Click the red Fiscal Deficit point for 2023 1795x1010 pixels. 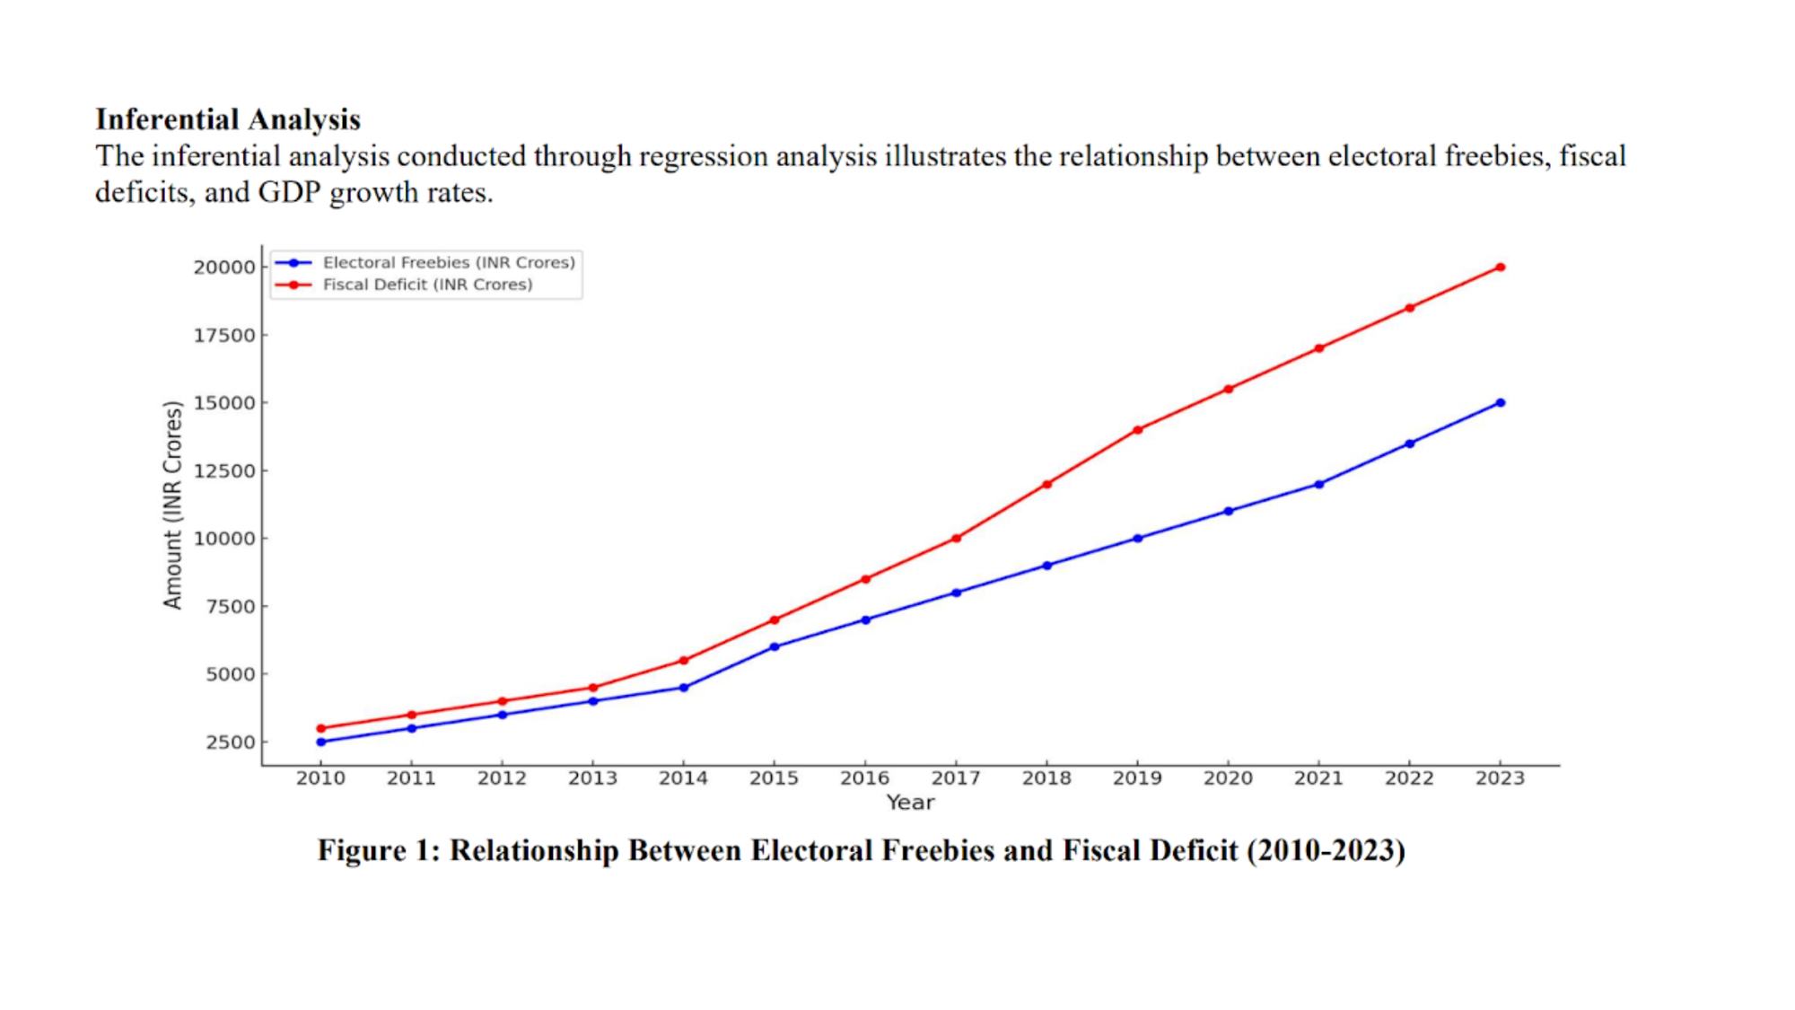[x=1500, y=268]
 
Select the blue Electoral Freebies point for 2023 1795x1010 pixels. [x=1500, y=403]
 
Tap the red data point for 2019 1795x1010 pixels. [x=1137, y=430]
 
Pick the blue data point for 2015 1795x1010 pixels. [x=774, y=647]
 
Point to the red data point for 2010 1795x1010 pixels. [x=320, y=729]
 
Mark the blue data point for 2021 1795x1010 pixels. [x=1318, y=485]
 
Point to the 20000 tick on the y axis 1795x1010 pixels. [x=224, y=268]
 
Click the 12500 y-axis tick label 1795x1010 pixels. [x=224, y=471]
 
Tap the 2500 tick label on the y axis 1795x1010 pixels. [x=230, y=742]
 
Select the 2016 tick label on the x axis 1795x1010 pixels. [x=864, y=778]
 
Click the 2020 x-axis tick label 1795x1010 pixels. [x=1228, y=778]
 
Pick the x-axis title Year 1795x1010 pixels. [x=910, y=803]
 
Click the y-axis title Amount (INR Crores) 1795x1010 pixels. [x=172, y=505]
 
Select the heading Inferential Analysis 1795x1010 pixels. [x=228, y=119]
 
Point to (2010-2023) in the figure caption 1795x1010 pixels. [x=1326, y=850]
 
